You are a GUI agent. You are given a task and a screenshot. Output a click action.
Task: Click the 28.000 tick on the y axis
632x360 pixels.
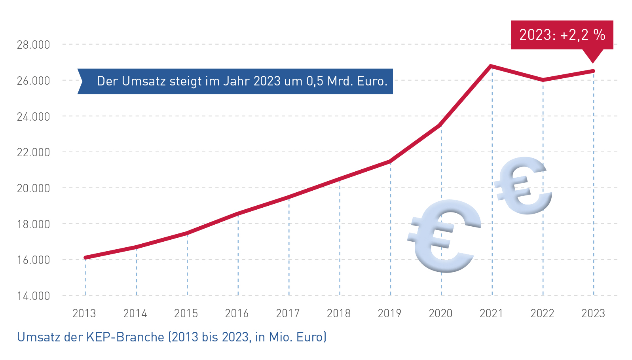(33, 45)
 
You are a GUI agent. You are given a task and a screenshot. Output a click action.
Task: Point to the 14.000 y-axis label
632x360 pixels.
(33, 296)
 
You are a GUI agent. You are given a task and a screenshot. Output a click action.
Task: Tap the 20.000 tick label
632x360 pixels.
(33, 188)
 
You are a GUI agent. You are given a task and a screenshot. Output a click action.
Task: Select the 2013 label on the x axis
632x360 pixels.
(84, 314)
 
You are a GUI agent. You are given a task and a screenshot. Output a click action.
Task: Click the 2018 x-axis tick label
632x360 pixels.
(339, 314)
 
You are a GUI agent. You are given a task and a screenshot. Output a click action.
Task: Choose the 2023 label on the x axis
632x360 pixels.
(593, 314)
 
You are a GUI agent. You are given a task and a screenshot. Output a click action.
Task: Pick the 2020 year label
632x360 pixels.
(440, 314)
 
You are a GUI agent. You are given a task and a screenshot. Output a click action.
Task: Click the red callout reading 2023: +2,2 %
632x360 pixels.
(562, 35)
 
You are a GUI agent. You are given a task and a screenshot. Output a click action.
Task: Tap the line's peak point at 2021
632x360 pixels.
(491, 66)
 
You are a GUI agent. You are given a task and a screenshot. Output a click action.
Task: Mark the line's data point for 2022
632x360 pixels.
(543, 80)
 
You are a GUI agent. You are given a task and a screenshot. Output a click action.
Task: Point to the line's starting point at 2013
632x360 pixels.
(85, 258)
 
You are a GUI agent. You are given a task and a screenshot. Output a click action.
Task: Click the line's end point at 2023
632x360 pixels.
(593, 71)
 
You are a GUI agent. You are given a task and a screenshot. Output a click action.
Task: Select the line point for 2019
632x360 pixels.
(390, 161)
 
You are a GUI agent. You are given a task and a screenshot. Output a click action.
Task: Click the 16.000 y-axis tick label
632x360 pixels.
(33, 260)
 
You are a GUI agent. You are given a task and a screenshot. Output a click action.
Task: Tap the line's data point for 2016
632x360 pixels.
(238, 214)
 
